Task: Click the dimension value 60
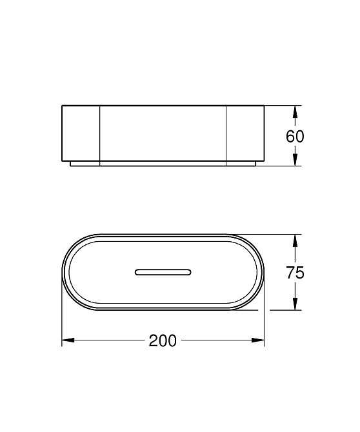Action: tap(294, 137)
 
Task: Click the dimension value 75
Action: tap(294, 272)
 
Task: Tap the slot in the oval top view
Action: tap(163, 271)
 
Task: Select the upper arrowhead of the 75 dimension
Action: tap(294, 239)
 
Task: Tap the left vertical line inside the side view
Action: tap(99, 133)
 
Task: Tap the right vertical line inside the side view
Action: tap(226, 133)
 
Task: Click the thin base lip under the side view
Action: tap(163, 164)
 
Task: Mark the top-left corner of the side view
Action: tap(62, 104)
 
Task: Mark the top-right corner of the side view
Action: tap(265, 104)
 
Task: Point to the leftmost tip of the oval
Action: tap(62, 271)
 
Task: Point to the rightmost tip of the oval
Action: tap(265, 271)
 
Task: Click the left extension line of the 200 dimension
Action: tap(62, 322)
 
